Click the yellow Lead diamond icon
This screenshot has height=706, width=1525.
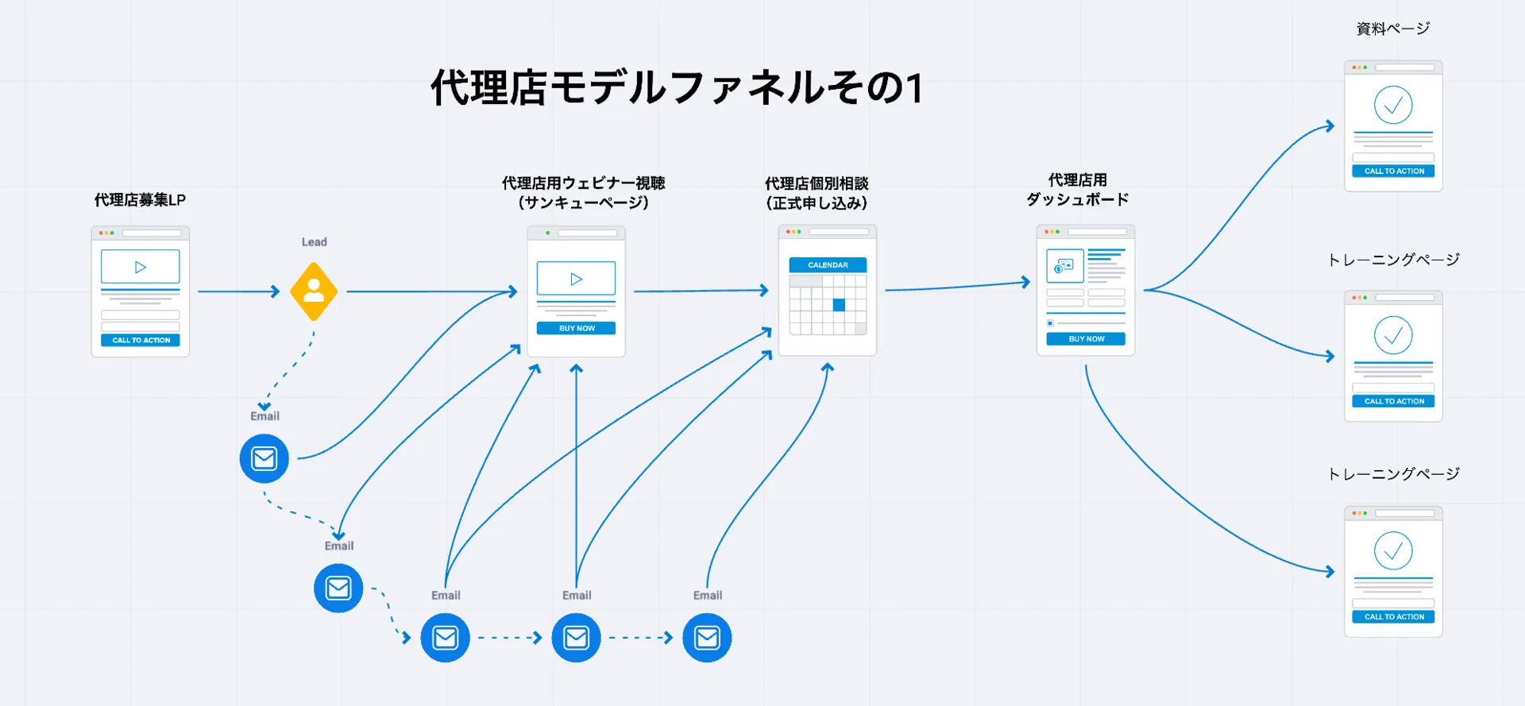click(314, 291)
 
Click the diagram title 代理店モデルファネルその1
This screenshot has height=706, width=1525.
click(677, 87)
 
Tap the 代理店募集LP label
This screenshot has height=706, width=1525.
click(140, 200)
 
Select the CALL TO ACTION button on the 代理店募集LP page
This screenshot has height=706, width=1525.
click(141, 340)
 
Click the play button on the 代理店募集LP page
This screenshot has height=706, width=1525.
click(141, 267)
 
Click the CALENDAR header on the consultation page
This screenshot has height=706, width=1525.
click(828, 265)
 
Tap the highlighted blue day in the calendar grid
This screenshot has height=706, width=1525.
click(839, 305)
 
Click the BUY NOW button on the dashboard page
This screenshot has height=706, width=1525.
click(1086, 339)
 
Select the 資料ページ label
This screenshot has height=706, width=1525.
click(1393, 29)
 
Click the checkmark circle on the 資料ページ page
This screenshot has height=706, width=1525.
click(1393, 105)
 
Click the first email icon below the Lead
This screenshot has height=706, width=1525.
click(264, 458)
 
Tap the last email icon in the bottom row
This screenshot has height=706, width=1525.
click(707, 638)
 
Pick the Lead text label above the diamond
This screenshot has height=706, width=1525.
click(314, 242)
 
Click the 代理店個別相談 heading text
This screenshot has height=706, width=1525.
click(817, 184)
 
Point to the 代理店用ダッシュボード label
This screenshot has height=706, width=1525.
click(1077, 190)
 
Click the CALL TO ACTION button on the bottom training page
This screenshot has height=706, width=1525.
click(1393, 617)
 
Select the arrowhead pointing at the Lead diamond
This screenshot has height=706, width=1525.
click(276, 291)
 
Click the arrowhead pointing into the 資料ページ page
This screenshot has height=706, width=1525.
click(1330, 126)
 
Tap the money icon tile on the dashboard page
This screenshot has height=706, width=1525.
click(1064, 266)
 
